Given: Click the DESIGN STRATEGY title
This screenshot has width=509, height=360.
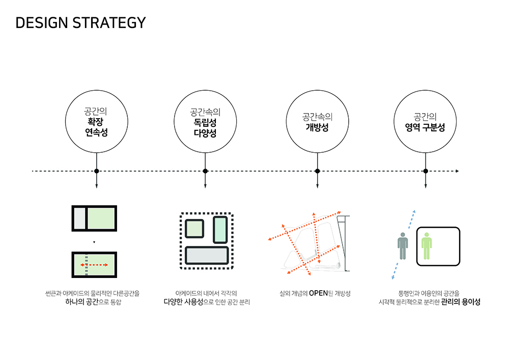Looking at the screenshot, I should [x=80, y=23].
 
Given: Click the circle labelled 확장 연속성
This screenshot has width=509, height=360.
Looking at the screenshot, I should [x=96, y=123].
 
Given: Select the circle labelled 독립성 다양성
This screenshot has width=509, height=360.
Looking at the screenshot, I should [x=205, y=123].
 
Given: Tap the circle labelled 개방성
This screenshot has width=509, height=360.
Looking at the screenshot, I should [x=317, y=123].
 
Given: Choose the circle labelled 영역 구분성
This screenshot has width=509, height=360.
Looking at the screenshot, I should [x=426, y=123].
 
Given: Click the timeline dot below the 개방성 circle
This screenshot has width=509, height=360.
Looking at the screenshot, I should [x=317, y=171].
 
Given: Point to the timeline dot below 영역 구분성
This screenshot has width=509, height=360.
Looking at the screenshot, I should [x=426, y=171].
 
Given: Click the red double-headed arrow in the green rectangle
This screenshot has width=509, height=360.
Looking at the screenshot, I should [x=94, y=265].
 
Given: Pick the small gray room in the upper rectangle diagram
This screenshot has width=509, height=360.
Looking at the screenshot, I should [x=79, y=218].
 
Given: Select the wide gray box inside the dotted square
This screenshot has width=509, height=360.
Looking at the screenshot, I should [x=206, y=255].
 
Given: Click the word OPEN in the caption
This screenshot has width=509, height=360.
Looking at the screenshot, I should [x=322, y=293].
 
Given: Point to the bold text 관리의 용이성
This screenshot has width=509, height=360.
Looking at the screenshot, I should [x=461, y=302].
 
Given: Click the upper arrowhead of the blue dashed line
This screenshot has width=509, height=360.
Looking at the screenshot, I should [x=415, y=210].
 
